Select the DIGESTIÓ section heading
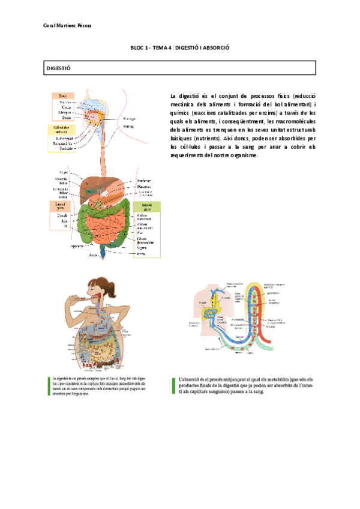tap(59, 69)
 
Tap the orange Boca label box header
tap(62, 95)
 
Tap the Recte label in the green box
tap(142, 253)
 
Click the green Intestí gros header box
tap(147, 206)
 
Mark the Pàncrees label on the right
tap(144, 186)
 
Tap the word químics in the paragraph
tap(181, 112)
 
